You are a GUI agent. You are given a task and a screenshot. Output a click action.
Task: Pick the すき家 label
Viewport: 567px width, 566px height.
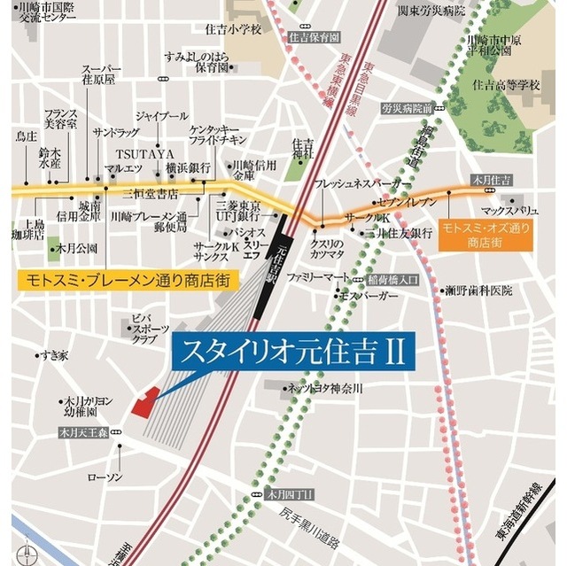(x=53, y=355)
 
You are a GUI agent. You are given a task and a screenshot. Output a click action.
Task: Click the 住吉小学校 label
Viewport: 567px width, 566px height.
(x=235, y=30)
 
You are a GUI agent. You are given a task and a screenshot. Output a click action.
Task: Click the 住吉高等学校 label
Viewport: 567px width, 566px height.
(x=506, y=85)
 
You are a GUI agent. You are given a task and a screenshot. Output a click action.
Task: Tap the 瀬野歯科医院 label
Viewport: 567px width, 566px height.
(x=478, y=291)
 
